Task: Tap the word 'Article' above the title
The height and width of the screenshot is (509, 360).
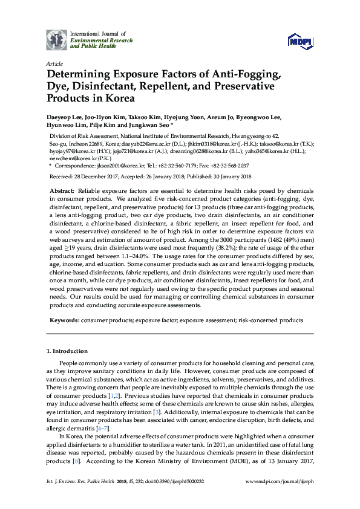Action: (53, 63)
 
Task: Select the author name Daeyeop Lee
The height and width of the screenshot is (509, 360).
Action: (66, 118)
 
